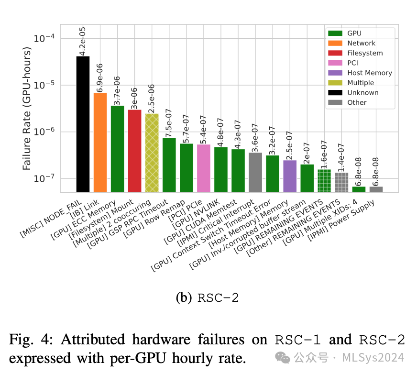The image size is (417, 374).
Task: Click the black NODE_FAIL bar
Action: (83, 124)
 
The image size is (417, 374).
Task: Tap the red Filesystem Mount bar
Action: (134, 151)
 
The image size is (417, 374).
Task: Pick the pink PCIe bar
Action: (204, 168)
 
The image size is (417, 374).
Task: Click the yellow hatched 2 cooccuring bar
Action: (152, 153)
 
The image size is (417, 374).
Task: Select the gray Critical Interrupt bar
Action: (255, 172)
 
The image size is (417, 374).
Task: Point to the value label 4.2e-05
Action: (83, 41)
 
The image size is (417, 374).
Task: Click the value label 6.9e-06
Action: (100, 77)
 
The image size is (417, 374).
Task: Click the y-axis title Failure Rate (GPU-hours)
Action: (27, 109)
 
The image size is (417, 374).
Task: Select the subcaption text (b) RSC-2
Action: (207, 298)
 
